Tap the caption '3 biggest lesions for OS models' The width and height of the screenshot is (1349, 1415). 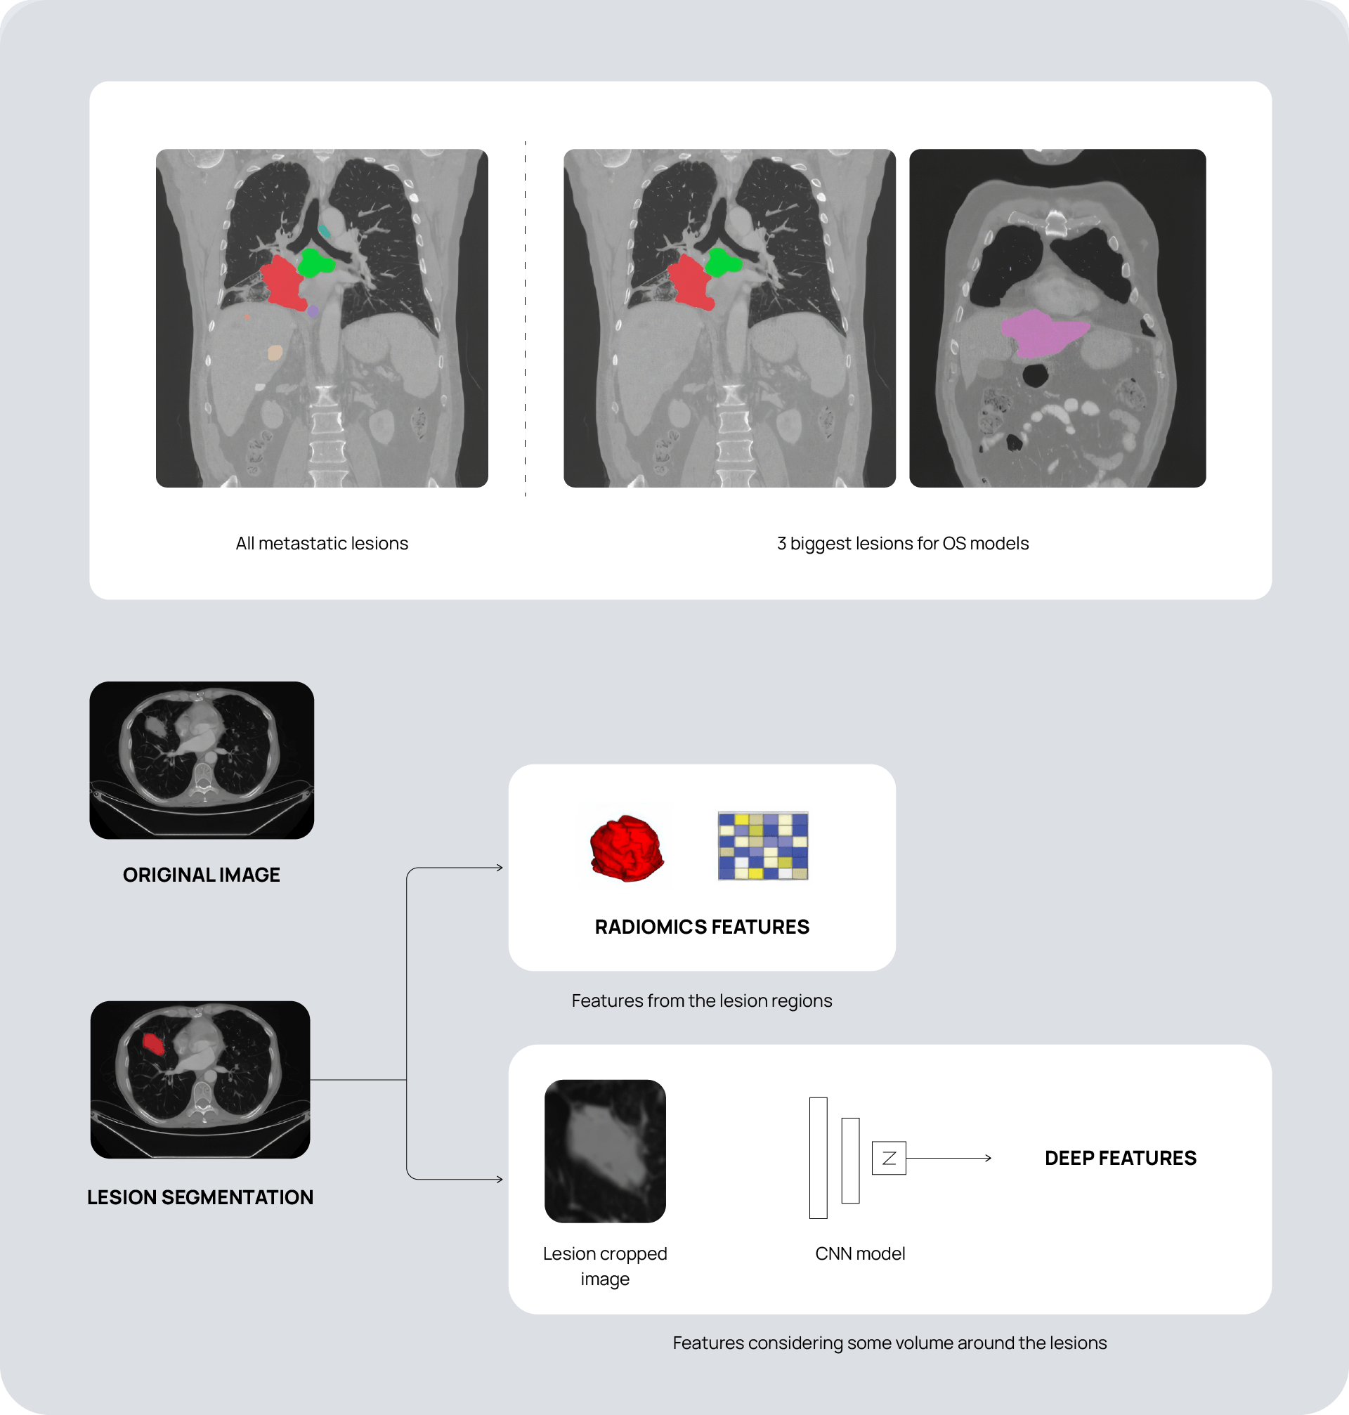point(902,544)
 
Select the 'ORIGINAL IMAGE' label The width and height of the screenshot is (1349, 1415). point(202,874)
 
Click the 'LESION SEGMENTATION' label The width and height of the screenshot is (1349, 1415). point(200,1197)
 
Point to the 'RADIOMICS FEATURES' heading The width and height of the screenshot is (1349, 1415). point(702,927)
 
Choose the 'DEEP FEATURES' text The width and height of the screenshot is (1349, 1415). point(1121,1158)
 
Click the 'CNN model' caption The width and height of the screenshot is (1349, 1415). point(860,1253)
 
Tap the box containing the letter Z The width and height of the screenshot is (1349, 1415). point(889,1158)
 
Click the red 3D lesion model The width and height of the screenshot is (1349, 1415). point(625,848)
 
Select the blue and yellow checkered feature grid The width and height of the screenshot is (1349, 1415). point(763,845)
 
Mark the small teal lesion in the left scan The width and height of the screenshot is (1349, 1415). point(325,232)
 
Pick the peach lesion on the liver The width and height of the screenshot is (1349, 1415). point(275,352)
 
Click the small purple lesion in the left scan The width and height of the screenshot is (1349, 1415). point(313,311)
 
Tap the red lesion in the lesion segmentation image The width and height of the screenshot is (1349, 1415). point(153,1043)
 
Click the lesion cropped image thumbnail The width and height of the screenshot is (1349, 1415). point(605,1150)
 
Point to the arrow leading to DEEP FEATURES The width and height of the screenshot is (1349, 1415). point(949,1158)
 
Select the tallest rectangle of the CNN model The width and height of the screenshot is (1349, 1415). point(819,1158)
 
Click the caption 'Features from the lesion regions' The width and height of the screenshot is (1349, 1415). point(702,1000)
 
